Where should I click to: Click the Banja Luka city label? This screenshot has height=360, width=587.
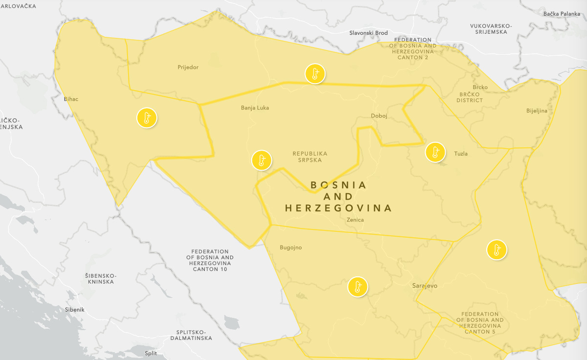pos(255,108)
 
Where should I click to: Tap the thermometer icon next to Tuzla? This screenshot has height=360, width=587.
pos(435,152)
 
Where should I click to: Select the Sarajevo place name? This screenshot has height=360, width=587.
pos(425,286)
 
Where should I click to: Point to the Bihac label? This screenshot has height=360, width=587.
pos(71,99)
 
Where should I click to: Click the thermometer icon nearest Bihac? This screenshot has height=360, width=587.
pos(146,118)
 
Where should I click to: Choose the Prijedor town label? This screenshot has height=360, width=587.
pos(188,67)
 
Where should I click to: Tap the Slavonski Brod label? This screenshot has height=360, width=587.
pos(369,33)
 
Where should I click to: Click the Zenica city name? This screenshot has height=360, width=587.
pos(355,220)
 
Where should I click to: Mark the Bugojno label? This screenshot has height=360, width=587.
pos(291,247)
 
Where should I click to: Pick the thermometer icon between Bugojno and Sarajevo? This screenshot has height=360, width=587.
pos(357,287)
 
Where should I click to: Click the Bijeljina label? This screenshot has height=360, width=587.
pos(537,111)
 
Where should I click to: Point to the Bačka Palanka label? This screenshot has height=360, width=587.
pos(561,14)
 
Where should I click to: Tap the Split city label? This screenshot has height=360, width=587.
pos(151,353)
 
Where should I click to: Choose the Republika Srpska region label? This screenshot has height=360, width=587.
pos(310,157)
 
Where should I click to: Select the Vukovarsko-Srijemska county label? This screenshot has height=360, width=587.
pos(491,29)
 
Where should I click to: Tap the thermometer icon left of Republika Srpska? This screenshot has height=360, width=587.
pos(261,160)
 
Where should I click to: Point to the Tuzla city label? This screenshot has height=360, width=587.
pos(461,154)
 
